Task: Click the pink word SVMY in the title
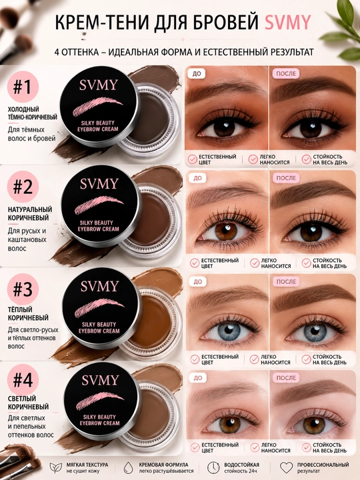pyautogui.click(x=287, y=23)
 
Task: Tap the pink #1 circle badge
pyautogui.click(x=23, y=87)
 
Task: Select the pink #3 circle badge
pyautogui.click(x=23, y=289)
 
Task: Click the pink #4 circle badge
pyautogui.click(x=23, y=379)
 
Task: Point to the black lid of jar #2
pyautogui.click(x=101, y=206)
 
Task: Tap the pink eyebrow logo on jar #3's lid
pyautogui.click(x=99, y=307)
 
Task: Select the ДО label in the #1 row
pyautogui.click(x=197, y=73)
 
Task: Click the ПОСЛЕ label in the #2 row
pyautogui.click(x=286, y=178)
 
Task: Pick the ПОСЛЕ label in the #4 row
pyautogui.click(x=286, y=378)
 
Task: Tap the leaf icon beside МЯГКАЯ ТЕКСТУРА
pyautogui.click(x=56, y=467)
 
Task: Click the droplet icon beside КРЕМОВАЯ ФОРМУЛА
pyautogui.click(x=129, y=468)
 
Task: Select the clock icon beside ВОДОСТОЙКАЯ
pyautogui.click(x=213, y=467)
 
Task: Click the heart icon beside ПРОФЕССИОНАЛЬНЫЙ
pyautogui.click(x=287, y=467)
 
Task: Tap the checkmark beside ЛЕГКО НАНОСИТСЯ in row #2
pyautogui.click(x=255, y=263)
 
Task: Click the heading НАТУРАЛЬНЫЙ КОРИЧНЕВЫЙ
pyautogui.click(x=30, y=214)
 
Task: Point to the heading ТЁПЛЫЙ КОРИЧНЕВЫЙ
pyautogui.click(x=28, y=313)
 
